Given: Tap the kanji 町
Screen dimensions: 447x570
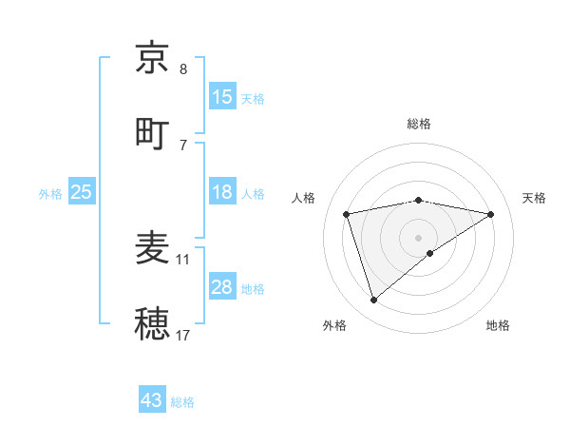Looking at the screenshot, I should pos(152,132).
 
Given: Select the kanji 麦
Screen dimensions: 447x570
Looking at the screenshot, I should pos(152,248).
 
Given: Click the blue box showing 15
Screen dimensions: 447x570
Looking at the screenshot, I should pos(222,96).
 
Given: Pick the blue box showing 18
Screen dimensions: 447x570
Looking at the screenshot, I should pos(222,192).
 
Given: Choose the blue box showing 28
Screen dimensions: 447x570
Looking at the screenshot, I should pos(222,287).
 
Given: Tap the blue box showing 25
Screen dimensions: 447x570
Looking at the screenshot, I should pos(82,192).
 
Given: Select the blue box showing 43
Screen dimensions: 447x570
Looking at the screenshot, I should pos(152,400).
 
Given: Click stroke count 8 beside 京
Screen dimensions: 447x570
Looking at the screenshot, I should pos(183,69).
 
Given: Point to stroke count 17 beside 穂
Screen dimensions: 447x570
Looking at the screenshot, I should pos(183,335).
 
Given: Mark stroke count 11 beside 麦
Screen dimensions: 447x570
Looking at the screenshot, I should pos(183,259).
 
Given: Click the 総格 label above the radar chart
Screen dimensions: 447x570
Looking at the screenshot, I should pos(419,124).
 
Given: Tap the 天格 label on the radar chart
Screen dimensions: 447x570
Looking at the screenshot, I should pos(535,198).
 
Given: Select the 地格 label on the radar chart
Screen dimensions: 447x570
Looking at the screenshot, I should pos(498,325).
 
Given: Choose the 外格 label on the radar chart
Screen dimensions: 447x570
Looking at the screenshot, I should pos(334,325).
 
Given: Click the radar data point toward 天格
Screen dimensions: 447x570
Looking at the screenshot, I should pos(491,214).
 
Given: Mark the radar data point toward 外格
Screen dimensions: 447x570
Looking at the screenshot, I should pos(373,301).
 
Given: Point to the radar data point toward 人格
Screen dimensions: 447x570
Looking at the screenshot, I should pos(347,214).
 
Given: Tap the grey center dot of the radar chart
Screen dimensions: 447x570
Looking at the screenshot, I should pos(419,237).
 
